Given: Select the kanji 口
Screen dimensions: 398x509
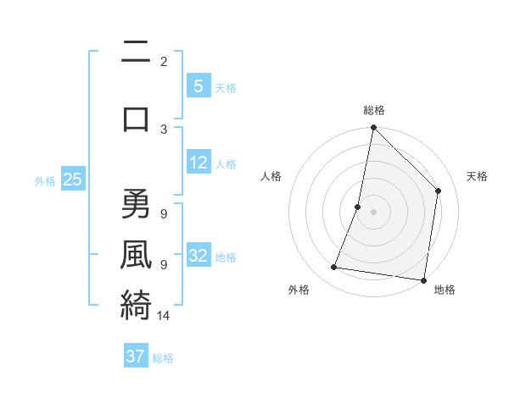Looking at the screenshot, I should pyautogui.click(x=136, y=119).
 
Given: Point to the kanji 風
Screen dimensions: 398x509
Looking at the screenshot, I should pyautogui.click(x=136, y=253).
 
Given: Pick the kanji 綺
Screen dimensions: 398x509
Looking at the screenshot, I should pyautogui.click(x=136, y=304).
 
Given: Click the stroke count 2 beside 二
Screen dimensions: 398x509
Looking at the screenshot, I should pyautogui.click(x=164, y=61).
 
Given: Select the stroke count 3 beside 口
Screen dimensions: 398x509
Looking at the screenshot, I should pyautogui.click(x=164, y=129).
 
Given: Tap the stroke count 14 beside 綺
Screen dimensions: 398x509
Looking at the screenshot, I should pyautogui.click(x=164, y=316).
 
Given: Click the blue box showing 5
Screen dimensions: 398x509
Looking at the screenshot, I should pyautogui.click(x=198, y=86).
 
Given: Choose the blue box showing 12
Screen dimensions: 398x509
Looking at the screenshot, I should pyautogui.click(x=199, y=162).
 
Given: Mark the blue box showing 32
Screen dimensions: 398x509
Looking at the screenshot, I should pyautogui.click(x=199, y=255).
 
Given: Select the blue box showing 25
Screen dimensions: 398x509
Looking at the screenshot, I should pyautogui.click(x=73, y=179).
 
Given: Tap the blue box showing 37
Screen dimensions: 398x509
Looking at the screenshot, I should pyautogui.click(x=136, y=356).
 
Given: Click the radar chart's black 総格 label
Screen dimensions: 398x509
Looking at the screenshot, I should pyautogui.click(x=373, y=110).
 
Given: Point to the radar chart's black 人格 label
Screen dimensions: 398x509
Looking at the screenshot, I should pyautogui.click(x=271, y=176).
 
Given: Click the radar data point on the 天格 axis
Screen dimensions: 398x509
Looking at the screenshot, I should pyautogui.click(x=438, y=191).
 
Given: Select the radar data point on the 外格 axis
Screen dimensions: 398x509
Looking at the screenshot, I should pyautogui.click(x=333, y=268).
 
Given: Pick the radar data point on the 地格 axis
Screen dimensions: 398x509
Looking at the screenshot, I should pyautogui.click(x=423, y=279).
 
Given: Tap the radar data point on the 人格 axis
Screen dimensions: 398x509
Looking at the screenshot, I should pyautogui.click(x=358, y=207).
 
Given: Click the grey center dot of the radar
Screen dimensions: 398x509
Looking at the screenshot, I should pyautogui.click(x=373, y=212).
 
